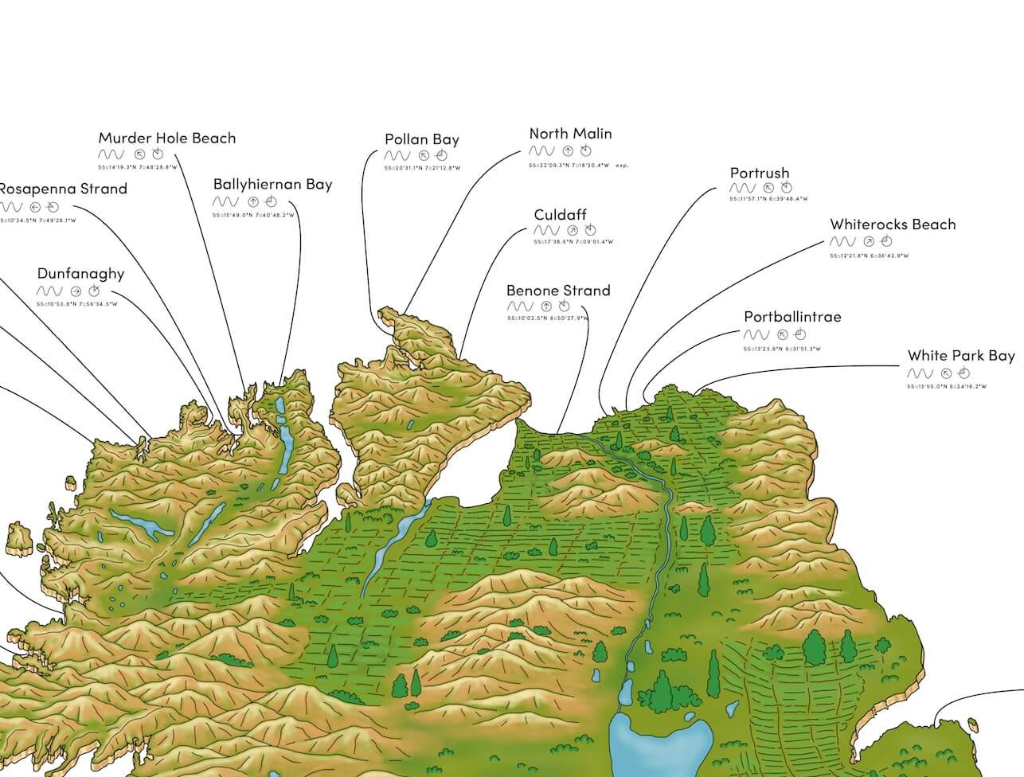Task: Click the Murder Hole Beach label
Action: pyautogui.click(x=167, y=138)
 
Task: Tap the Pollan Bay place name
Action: pyautogui.click(x=422, y=139)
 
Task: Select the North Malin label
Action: pyautogui.click(x=570, y=134)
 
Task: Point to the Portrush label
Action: pyautogui.click(x=760, y=173)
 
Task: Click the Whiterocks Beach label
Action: pyautogui.click(x=893, y=225)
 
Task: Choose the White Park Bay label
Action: pyautogui.click(x=961, y=356)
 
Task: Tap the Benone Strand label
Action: pyautogui.click(x=558, y=291)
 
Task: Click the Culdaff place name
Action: pyautogui.click(x=561, y=215)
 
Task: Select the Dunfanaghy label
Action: pyautogui.click(x=81, y=274)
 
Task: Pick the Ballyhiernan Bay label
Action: pyautogui.click(x=272, y=185)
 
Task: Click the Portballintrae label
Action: pyautogui.click(x=792, y=317)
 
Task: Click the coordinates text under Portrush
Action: pyautogui.click(x=768, y=199)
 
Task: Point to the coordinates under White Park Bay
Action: pyautogui.click(x=946, y=387)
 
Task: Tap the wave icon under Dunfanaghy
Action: pyautogui.click(x=49, y=291)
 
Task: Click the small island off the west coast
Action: pyautogui.click(x=19, y=539)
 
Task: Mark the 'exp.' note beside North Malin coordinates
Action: pyautogui.click(x=622, y=166)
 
